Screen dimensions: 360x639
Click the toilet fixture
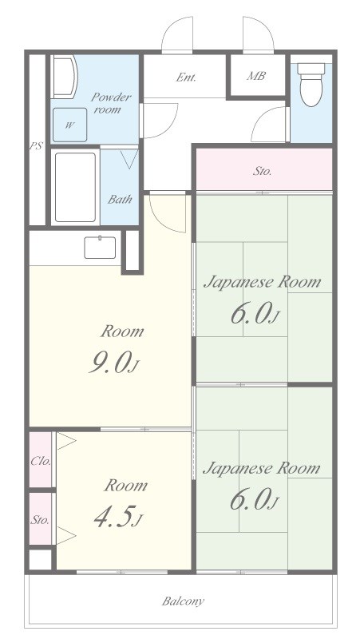point(311,84)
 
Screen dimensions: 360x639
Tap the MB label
point(256,75)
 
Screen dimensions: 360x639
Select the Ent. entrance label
point(186,77)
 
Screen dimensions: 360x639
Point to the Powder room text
point(110,103)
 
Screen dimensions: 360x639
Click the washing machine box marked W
point(69,125)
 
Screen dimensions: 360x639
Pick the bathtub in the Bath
point(75,187)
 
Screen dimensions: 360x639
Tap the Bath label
point(120,199)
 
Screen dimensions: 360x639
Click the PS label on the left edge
point(36,146)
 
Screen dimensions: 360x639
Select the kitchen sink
point(100,248)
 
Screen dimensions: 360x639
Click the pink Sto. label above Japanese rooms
point(263,171)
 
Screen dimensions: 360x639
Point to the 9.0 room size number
point(113,363)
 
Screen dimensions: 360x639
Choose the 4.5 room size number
point(117,517)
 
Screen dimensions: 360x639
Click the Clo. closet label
point(42,462)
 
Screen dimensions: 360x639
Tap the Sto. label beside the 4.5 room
point(40,520)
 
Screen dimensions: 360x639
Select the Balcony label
point(183,601)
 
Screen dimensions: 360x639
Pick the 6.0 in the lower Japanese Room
point(254,500)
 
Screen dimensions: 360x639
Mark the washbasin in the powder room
point(65,77)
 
